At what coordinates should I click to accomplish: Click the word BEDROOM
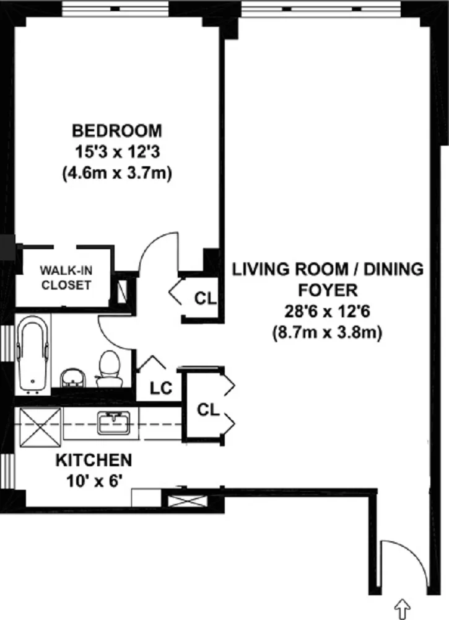tap(117, 131)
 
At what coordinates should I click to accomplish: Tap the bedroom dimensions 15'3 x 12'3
tap(117, 153)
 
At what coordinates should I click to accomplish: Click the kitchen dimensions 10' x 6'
tap(94, 480)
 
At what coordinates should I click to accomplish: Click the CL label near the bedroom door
tap(205, 298)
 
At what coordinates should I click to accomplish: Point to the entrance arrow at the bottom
tap(402, 604)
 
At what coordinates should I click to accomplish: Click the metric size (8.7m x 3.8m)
tap(328, 332)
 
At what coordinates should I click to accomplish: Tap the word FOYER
tap(328, 290)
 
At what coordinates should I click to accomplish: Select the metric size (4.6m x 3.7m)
tap(117, 174)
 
